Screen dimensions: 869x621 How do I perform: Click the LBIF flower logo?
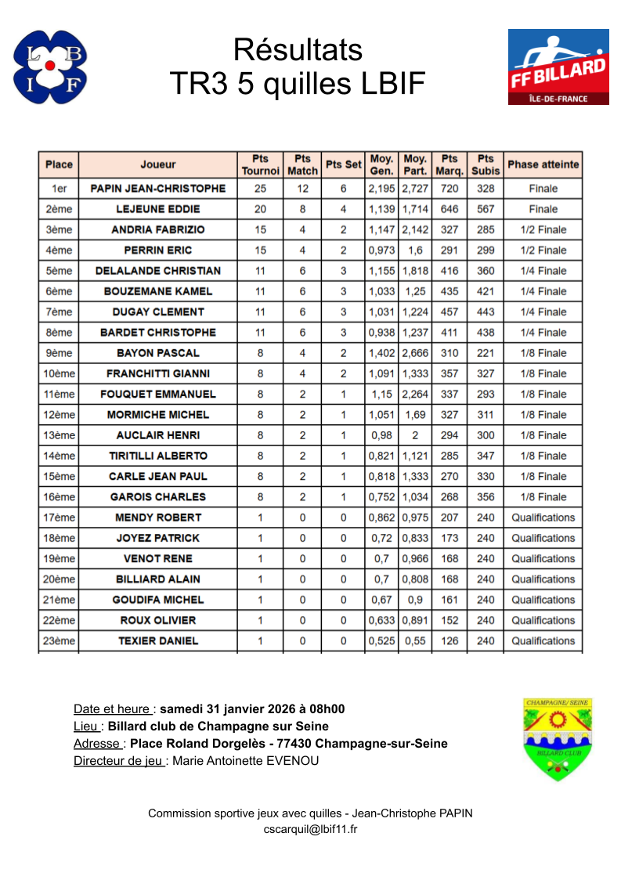(x=50, y=67)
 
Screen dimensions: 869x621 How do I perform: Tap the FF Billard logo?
(x=558, y=67)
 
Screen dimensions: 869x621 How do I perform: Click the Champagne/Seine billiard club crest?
(x=557, y=739)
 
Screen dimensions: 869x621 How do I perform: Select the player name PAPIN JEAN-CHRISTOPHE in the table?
(x=158, y=189)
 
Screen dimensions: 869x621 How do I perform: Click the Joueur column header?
(x=158, y=164)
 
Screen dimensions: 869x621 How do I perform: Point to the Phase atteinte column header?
(x=543, y=164)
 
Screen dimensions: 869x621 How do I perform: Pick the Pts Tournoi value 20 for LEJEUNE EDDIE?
(x=260, y=209)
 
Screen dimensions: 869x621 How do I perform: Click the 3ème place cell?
(x=59, y=229)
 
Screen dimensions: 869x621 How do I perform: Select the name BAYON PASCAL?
(x=158, y=353)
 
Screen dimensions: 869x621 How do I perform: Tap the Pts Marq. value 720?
(x=450, y=189)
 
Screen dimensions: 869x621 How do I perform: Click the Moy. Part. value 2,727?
(x=415, y=189)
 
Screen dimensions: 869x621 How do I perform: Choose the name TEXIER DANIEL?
(x=158, y=640)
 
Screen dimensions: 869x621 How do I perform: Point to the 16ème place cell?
(x=59, y=496)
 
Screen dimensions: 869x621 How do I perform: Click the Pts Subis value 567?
(x=486, y=209)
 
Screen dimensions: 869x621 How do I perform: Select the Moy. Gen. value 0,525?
(x=381, y=640)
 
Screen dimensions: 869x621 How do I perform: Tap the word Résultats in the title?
(x=298, y=50)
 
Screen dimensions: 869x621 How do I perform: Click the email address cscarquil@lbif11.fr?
(x=310, y=829)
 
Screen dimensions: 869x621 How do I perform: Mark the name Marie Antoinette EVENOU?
(x=245, y=760)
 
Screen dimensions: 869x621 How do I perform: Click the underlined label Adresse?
(x=97, y=743)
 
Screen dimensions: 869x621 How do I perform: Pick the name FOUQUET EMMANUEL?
(x=158, y=394)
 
